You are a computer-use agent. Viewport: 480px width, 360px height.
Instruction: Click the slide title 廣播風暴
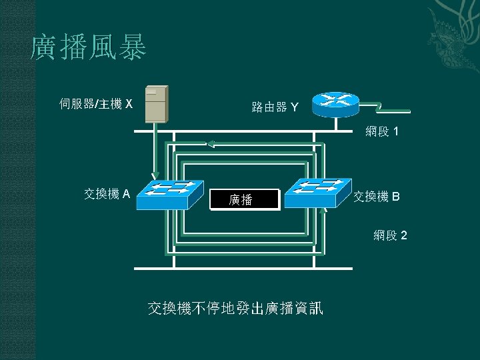click(89, 49)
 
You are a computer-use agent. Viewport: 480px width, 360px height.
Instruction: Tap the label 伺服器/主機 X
click(97, 103)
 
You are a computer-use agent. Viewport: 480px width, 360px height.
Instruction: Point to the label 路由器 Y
click(275, 107)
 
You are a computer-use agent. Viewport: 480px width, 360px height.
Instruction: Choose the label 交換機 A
click(107, 194)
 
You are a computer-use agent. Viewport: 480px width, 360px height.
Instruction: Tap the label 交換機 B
click(377, 197)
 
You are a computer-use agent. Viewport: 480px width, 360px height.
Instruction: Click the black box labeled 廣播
click(244, 199)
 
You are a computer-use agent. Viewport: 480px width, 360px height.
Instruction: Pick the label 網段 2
click(391, 235)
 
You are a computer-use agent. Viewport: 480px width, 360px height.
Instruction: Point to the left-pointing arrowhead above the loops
click(211, 143)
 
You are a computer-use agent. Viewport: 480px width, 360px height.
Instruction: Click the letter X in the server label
click(129, 104)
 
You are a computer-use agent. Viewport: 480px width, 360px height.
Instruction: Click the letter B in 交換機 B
click(396, 197)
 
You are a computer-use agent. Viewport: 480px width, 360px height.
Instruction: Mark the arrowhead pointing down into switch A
click(155, 176)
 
